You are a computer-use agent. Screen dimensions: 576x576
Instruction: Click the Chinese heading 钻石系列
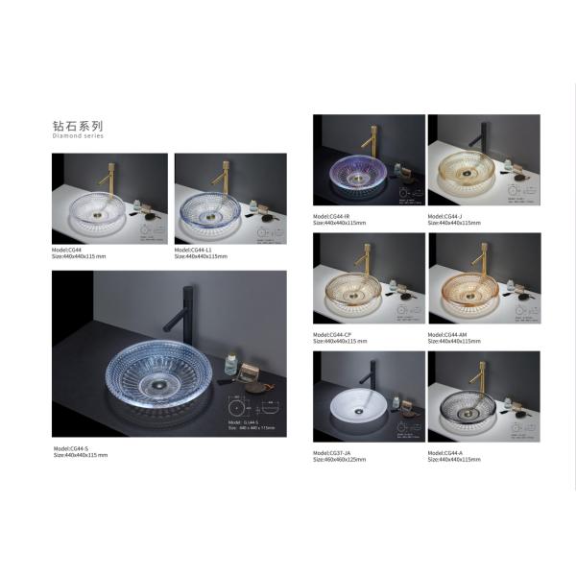77,126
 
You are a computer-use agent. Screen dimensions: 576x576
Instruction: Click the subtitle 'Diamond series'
77,136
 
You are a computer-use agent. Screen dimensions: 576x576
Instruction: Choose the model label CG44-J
447,217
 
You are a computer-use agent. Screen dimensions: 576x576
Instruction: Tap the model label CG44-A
447,453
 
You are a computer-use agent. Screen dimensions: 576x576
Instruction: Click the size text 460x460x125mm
339,460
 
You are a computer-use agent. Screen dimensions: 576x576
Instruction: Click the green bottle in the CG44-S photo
230,363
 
